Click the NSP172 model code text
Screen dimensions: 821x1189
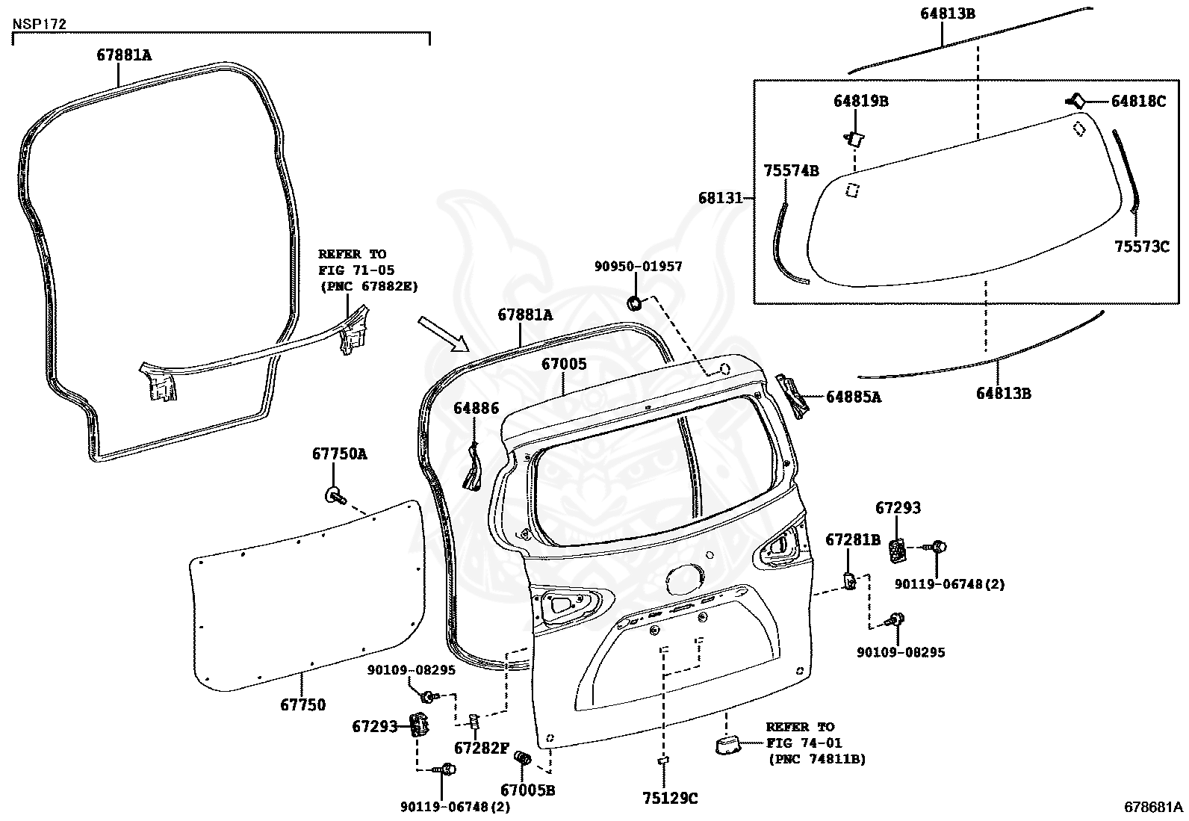(x=40, y=24)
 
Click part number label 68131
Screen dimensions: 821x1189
(x=720, y=198)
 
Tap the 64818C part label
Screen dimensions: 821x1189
(x=1137, y=102)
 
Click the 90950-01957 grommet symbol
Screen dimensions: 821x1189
(x=635, y=302)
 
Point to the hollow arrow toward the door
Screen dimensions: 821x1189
(x=442, y=333)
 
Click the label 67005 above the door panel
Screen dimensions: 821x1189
(x=564, y=365)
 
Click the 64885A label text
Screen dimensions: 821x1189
(x=853, y=397)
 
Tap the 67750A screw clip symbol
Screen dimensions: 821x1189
(x=334, y=494)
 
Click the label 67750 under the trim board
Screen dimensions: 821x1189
(x=302, y=704)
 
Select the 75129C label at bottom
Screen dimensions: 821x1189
(x=669, y=799)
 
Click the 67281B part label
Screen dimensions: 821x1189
(x=852, y=539)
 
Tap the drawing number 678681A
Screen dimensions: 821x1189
(x=1153, y=807)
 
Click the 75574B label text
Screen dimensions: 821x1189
(x=791, y=171)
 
